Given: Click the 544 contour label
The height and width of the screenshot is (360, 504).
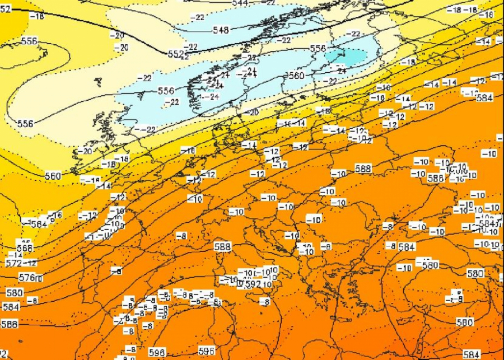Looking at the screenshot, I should pyautogui.click(x=241, y=3).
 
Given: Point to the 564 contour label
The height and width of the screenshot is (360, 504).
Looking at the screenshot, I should pyautogui.click(x=38, y=223).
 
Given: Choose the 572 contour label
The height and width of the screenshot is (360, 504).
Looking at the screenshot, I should pyautogui.click(x=13, y=263).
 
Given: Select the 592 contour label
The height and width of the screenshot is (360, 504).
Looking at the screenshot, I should pyautogui.click(x=253, y=284).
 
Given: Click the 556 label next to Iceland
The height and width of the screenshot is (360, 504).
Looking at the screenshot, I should pyautogui.click(x=29, y=41).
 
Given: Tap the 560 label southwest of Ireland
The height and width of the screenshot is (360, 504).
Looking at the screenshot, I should pyautogui.click(x=53, y=176).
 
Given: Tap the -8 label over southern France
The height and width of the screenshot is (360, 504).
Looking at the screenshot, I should pyautogui.click(x=181, y=236).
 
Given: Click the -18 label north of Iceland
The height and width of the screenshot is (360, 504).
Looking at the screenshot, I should pyautogui.click(x=38, y=17).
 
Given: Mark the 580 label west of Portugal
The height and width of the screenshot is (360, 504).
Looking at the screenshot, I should pyautogui.click(x=15, y=293).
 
